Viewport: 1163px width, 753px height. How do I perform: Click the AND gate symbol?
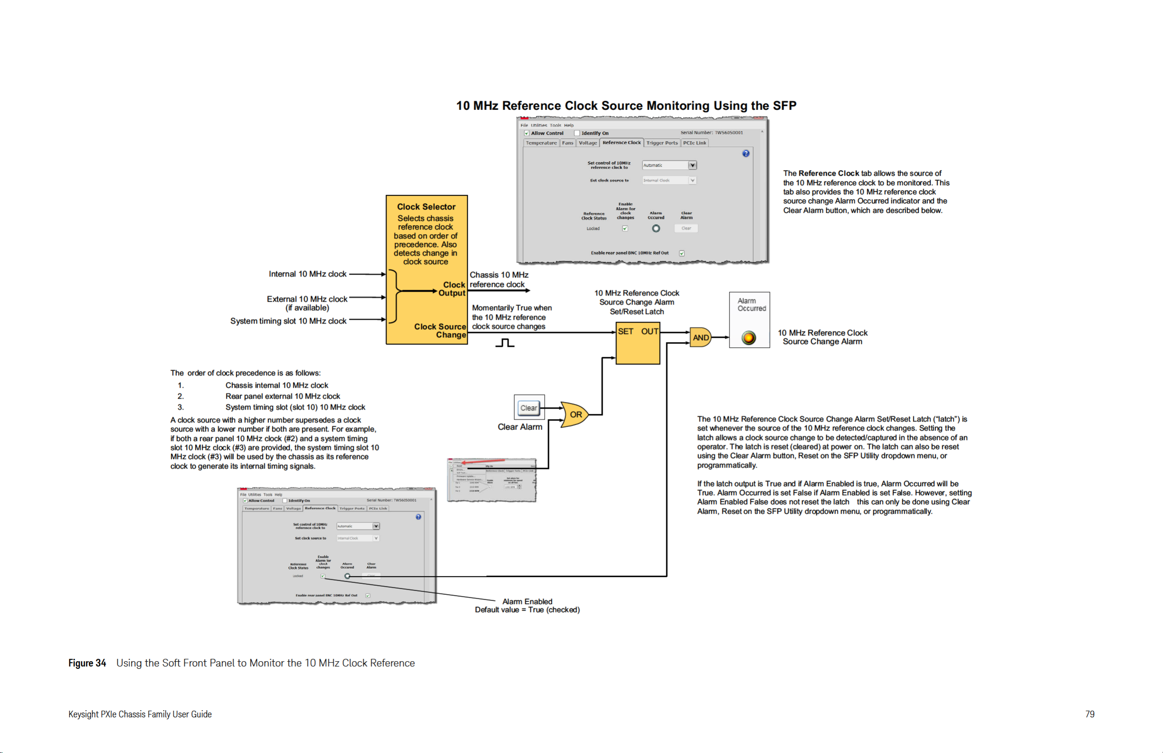(x=700, y=337)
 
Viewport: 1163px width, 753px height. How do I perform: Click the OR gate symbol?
(x=574, y=415)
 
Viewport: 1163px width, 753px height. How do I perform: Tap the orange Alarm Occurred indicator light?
(x=748, y=337)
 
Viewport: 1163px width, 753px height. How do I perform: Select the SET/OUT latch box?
(x=638, y=343)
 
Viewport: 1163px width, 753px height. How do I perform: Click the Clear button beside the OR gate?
(x=529, y=408)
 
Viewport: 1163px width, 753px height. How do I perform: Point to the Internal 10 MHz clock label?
(x=307, y=274)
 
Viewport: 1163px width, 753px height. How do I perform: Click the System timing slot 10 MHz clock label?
(x=288, y=321)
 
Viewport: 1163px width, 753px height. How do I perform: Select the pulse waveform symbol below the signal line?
(x=505, y=343)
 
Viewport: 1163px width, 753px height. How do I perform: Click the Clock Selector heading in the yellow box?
(x=426, y=207)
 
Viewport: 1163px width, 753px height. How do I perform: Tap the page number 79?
(x=1089, y=714)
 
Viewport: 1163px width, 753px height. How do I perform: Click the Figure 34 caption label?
(x=87, y=663)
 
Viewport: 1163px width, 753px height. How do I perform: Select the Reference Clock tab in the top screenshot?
(x=621, y=143)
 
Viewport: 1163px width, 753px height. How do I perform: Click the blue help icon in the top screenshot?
(x=746, y=153)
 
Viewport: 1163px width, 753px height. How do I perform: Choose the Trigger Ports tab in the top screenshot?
(x=662, y=143)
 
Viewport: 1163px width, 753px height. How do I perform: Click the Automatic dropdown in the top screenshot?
(x=669, y=165)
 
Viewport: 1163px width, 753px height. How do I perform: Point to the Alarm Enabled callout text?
(x=527, y=601)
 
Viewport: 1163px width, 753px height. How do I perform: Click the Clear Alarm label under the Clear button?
(x=520, y=427)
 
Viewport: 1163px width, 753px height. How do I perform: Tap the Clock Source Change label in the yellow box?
(x=440, y=331)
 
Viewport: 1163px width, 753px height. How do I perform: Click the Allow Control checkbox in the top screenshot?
(x=527, y=133)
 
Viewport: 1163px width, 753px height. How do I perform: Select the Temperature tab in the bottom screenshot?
(x=256, y=508)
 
